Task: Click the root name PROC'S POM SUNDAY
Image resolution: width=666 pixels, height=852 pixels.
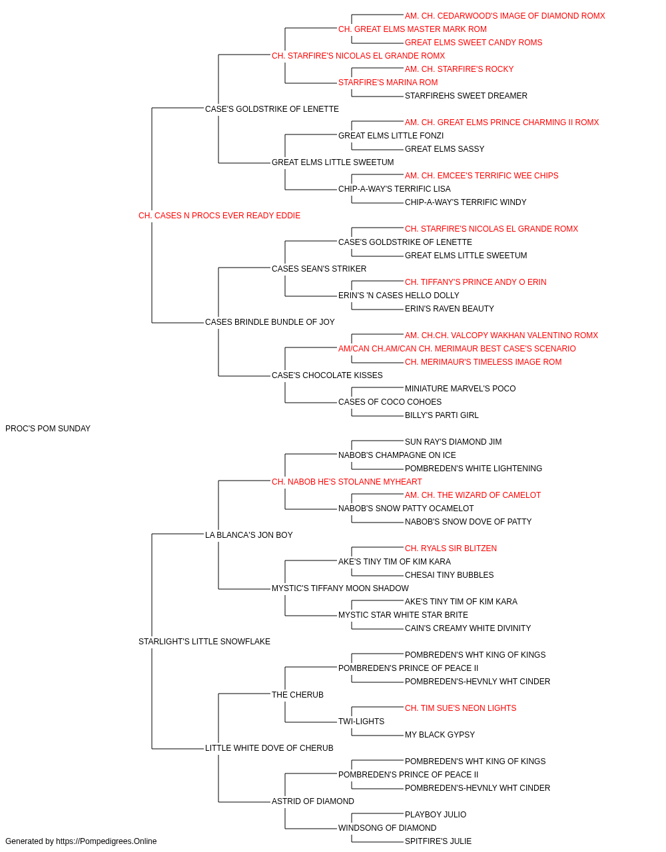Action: click(48, 429)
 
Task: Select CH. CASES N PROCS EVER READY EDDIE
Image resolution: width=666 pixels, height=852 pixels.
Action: click(219, 216)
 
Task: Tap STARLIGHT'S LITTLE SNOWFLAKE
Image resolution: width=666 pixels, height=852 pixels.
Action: click(204, 642)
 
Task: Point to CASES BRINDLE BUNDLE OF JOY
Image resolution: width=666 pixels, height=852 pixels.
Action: click(270, 322)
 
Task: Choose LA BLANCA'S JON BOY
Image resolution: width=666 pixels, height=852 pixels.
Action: click(248, 535)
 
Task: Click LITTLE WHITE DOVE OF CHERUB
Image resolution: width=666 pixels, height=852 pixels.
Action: click(269, 748)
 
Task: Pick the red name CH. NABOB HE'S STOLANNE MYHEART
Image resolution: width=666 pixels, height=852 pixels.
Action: click(347, 482)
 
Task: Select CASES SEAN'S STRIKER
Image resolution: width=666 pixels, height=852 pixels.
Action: click(319, 269)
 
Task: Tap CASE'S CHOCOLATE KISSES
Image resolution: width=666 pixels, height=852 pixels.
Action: click(327, 375)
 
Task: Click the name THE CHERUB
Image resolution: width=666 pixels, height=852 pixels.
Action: click(298, 695)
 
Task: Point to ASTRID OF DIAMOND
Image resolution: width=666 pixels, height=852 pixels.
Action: click(313, 801)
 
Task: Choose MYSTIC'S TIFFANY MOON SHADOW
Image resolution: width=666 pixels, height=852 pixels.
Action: click(340, 588)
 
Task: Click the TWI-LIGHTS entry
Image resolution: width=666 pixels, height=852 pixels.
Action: click(361, 722)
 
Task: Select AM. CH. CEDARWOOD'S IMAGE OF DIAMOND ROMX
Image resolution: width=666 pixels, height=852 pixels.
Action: click(505, 16)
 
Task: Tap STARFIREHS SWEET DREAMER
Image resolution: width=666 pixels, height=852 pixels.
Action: click(466, 96)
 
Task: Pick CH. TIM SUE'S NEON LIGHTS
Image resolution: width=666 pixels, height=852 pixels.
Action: click(460, 708)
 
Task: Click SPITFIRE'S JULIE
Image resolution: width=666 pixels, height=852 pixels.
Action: click(438, 841)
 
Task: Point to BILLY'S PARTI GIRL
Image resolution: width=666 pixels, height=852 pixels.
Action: click(442, 415)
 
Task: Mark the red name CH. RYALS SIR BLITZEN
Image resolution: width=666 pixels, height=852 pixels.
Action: click(451, 548)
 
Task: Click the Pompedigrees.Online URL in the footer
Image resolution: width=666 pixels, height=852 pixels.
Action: click(107, 841)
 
